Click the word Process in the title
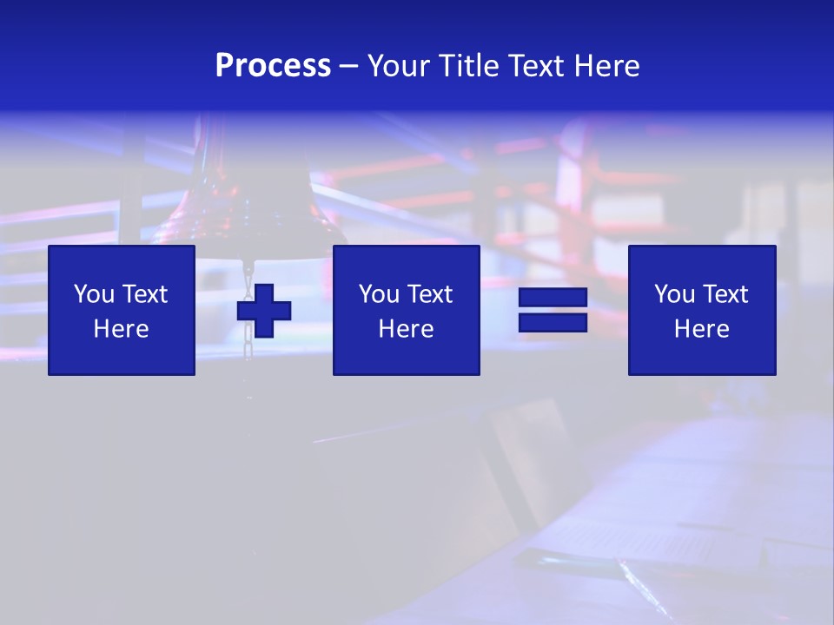coord(273,65)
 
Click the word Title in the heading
coord(466,66)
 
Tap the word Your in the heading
coord(398,66)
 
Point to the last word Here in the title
coord(606,66)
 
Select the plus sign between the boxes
coord(264,311)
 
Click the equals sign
coord(553,310)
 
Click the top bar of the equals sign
coord(553,298)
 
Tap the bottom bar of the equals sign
coord(553,322)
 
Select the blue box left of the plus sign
coord(122,310)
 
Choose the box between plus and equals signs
coord(407,310)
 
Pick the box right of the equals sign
coord(702,310)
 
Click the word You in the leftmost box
coord(94,294)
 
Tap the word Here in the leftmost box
coord(122,329)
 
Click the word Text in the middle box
coord(429,294)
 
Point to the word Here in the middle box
coord(407,329)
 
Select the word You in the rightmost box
coord(674,294)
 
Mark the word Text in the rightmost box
coord(725,294)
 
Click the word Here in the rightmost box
coord(702,329)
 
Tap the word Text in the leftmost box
coord(144,294)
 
